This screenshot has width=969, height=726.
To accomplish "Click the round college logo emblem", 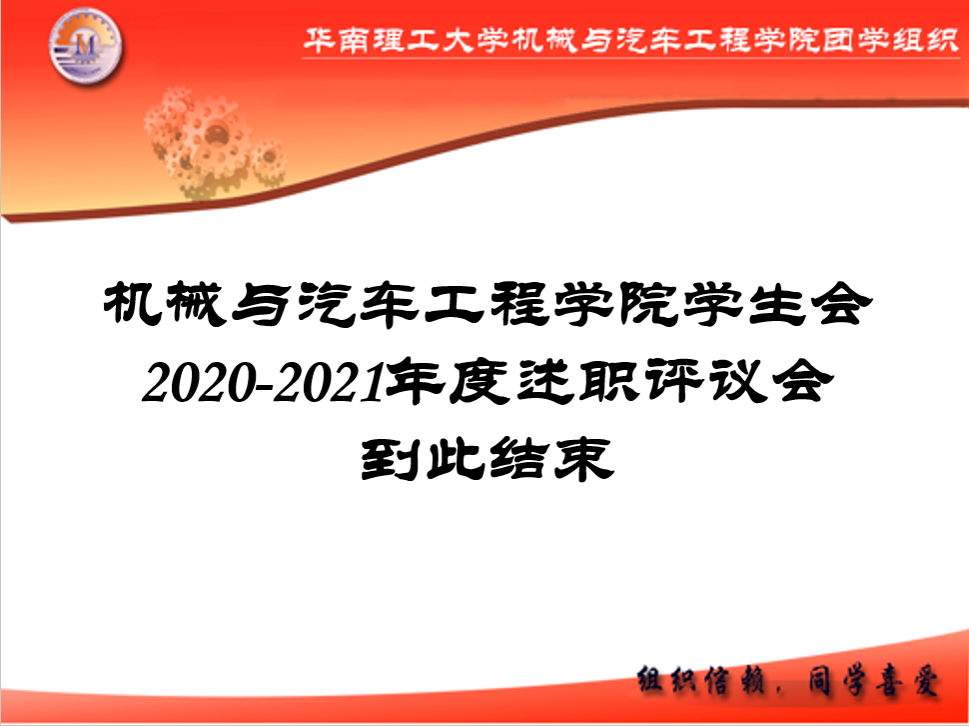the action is [85, 46].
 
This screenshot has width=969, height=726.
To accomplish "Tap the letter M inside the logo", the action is [84, 45].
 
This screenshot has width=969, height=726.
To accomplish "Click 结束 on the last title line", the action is [551, 459].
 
